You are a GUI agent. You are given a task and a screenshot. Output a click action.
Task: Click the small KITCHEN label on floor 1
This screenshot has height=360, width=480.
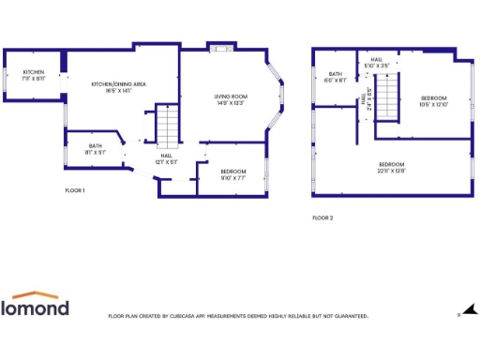point(34,75)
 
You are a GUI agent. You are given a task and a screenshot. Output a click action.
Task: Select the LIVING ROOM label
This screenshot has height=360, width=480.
point(229,99)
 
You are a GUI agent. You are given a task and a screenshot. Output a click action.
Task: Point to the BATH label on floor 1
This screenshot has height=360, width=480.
point(96,148)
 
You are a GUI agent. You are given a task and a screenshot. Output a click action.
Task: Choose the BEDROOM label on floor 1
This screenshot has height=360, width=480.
point(233,172)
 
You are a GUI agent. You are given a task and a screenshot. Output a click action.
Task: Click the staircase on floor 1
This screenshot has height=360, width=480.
point(166,127)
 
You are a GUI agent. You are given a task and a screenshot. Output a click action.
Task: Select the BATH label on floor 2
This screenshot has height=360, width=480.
point(336,77)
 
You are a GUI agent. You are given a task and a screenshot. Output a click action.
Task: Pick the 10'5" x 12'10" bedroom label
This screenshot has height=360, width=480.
point(433,100)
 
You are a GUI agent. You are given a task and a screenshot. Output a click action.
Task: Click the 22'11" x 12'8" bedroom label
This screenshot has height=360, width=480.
point(391,167)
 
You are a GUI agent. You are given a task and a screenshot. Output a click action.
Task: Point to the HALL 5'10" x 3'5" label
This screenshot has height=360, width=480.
point(376,62)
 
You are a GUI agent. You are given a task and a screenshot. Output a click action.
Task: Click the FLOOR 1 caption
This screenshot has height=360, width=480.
point(75,190)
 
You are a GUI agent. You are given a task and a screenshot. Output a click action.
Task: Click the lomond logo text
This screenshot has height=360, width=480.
point(35,307)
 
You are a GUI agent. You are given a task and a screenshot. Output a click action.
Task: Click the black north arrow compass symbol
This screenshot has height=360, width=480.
point(471,309)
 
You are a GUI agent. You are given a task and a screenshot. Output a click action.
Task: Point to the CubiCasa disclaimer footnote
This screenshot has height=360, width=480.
point(238,316)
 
